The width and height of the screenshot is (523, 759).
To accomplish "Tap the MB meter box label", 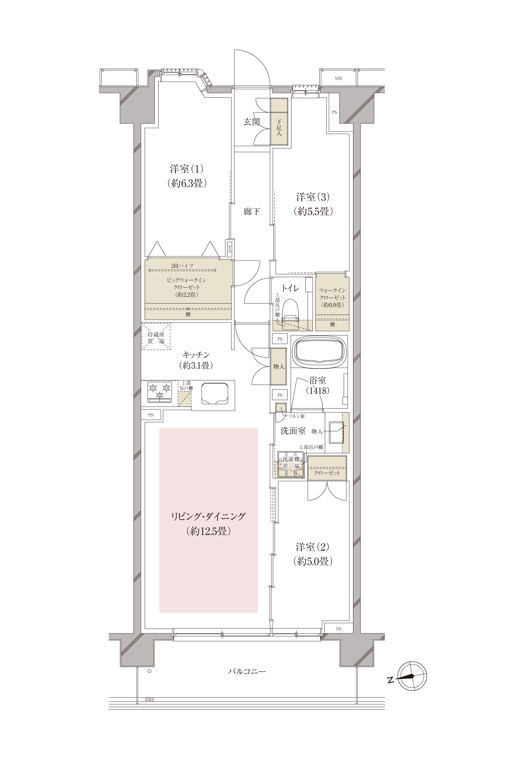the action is pos(338,78).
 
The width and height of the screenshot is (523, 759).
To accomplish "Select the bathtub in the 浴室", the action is pos(319,351).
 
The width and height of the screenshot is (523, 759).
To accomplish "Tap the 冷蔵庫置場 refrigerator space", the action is pos(156,336).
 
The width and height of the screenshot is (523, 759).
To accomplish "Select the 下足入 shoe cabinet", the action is pos(279,122).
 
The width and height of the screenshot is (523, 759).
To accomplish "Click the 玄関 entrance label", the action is pos(252,122).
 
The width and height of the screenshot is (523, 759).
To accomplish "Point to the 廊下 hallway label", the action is pos(251,211).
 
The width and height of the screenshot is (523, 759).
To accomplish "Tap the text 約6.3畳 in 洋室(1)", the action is pos(187,183).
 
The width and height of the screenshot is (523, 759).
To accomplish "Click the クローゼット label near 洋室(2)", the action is pos(327,473).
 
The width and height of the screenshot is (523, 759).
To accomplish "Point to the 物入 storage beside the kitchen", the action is pos(278,366).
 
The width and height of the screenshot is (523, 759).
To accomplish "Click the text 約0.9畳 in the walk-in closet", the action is pos(332,305).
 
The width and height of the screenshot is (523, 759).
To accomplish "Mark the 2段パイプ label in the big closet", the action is pos(182,265).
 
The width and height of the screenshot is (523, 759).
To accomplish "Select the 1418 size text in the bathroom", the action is pos(319,390).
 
